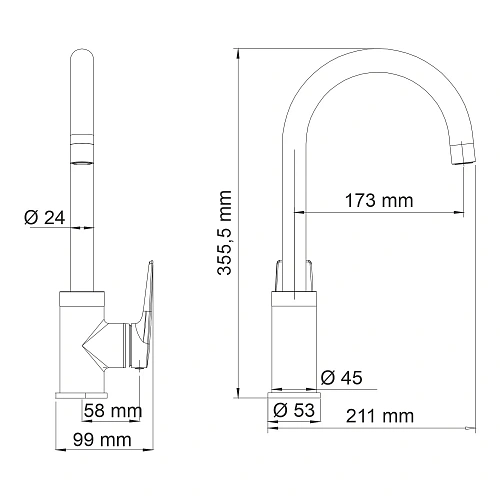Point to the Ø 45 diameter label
pyautogui.click(x=342, y=378)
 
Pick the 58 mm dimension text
pyautogui.click(x=111, y=410)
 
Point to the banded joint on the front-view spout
pyautogui.click(x=82, y=150)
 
